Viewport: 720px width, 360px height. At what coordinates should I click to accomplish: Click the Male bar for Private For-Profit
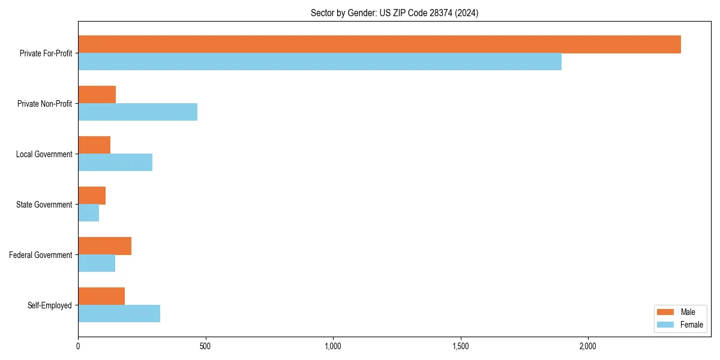click(379, 44)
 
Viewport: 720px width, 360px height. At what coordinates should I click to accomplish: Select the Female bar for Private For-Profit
click(320, 62)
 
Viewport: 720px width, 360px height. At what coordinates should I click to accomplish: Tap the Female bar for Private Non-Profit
click(137, 112)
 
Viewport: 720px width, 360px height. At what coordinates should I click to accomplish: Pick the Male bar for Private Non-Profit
click(97, 95)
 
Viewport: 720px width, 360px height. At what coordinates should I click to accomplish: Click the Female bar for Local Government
click(115, 163)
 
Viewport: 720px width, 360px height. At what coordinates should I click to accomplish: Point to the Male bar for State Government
click(92, 196)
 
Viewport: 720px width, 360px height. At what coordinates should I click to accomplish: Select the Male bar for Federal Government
click(104, 246)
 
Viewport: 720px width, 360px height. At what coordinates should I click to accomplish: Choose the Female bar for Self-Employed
click(119, 314)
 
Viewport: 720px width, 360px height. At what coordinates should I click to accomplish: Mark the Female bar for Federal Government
click(97, 263)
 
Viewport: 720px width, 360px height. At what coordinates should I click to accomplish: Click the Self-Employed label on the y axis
click(49, 305)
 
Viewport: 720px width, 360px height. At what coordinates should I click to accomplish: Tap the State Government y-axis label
click(44, 205)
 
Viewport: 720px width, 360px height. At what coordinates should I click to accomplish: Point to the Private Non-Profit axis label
click(44, 104)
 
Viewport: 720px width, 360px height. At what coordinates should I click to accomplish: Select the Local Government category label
click(44, 154)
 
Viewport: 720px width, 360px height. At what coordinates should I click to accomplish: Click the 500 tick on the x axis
click(205, 346)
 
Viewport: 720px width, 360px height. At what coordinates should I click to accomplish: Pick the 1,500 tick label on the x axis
click(460, 346)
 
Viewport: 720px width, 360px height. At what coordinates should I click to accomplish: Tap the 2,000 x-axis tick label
click(587, 346)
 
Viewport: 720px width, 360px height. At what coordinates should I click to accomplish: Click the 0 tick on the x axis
click(78, 346)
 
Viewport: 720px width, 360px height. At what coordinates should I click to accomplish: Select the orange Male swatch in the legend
click(666, 312)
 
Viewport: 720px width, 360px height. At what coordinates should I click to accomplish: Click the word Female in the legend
click(692, 325)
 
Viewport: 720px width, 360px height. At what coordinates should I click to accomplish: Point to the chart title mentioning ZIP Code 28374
click(394, 13)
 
